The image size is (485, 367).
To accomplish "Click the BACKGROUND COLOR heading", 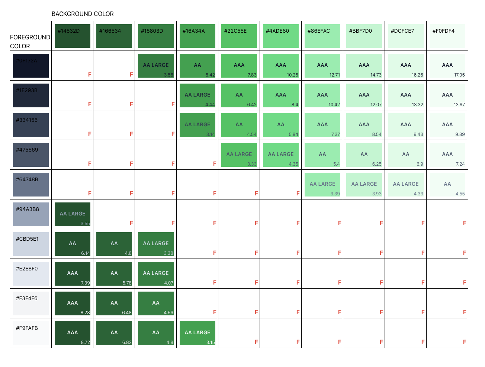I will pyautogui.click(x=83, y=14).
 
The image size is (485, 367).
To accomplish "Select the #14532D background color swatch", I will pyautogui.click(x=73, y=36).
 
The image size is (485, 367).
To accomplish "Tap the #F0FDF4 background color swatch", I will pyautogui.click(x=447, y=36).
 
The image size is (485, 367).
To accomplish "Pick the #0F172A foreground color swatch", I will pyautogui.click(x=31, y=66).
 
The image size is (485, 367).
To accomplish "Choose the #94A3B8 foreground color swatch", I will pyautogui.click(x=31, y=214).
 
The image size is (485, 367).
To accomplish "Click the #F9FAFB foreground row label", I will pyautogui.click(x=27, y=328).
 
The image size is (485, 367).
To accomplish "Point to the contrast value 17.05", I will pyautogui.click(x=459, y=75).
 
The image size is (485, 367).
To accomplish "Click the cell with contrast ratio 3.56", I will pyautogui.click(x=156, y=66).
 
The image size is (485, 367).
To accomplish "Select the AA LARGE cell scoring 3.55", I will pyautogui.click(x=73, y=214).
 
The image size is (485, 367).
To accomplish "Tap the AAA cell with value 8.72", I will pyautogui.click(x=73, y=333).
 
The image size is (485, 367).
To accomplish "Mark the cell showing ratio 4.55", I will pyautogui.click(x=447, y=185).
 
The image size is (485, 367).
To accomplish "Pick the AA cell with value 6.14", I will pyautogui.click(x=73, y=244).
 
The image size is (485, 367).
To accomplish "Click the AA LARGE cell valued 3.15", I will pyautogui.click(x=197, y=333).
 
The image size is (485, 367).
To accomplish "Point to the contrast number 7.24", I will pyautogui.click(x=460, y=164).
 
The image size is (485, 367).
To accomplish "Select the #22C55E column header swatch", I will pyautogui.click(x=239, y=36).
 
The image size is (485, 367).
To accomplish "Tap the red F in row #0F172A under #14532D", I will pyautogui.click(x=90, y=75).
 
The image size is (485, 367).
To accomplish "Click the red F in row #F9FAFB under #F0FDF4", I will pyautogui.click(x=465, y=342).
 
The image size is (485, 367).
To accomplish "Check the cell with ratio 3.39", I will pyautogui.click(x=322, y=185).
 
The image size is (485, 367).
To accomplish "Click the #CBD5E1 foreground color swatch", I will pyautogui.click(x=31, y=244).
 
